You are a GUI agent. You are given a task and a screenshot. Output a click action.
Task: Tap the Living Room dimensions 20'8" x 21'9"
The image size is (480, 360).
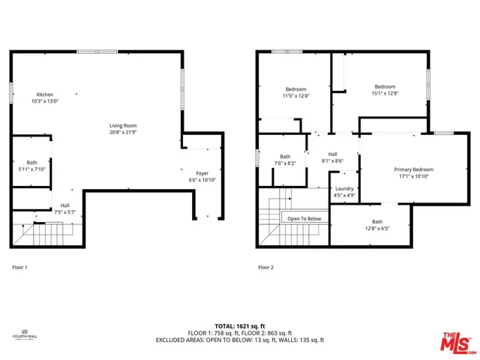pos(123,133)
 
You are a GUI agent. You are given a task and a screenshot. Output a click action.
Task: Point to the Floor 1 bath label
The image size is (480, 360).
pos(32,163)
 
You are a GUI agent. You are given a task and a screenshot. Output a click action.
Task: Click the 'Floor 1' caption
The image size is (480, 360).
pos(21,266)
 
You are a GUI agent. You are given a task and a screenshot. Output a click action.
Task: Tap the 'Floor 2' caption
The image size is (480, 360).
pos(266,266)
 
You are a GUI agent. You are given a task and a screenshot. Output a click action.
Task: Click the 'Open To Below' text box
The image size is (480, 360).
pos(304,219)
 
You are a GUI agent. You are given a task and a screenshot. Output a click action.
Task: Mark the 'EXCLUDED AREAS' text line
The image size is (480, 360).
pos(239,340)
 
